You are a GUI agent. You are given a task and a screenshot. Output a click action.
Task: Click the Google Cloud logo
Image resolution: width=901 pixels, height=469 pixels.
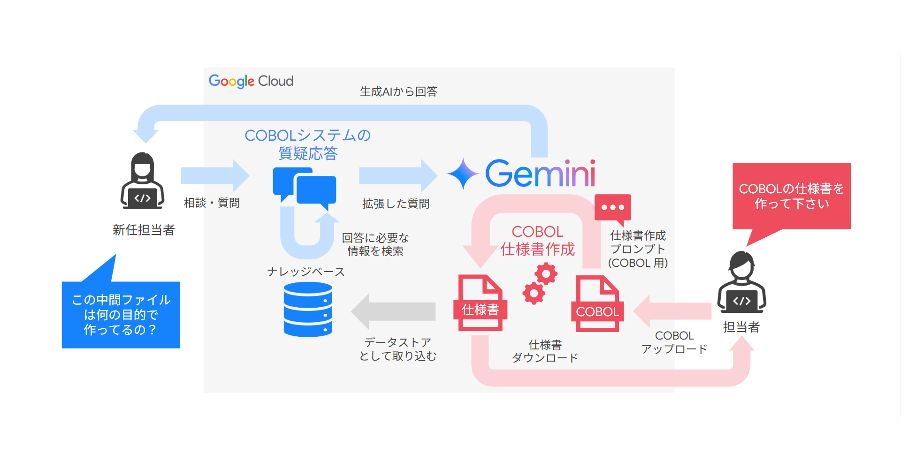point(251,81)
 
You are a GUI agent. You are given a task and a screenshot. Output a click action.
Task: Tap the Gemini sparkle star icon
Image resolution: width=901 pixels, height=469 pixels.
point(463,174)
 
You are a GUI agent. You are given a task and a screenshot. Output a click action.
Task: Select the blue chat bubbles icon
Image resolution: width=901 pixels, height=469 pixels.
point(305,187)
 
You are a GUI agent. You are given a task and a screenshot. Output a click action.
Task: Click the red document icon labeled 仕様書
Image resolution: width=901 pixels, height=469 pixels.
point(480,303)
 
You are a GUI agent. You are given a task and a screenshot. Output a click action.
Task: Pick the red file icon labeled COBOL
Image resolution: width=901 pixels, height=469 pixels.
point(597,304)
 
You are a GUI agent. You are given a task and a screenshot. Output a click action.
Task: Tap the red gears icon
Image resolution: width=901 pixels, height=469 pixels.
point(540,283)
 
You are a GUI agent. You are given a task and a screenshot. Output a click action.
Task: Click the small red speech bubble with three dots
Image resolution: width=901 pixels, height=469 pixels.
point(613,208)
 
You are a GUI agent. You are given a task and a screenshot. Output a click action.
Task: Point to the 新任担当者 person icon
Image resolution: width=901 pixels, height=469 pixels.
point(142,182)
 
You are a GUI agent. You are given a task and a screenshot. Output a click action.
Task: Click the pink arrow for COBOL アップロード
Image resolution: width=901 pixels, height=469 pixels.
point(672,311)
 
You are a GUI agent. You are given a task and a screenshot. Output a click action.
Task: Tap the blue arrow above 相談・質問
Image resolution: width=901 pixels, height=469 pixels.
point(215,176)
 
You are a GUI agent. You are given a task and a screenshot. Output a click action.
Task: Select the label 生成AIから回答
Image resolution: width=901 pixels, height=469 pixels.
point(398,91)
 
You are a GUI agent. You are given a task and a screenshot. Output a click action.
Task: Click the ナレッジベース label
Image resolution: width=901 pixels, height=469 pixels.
point(306,272)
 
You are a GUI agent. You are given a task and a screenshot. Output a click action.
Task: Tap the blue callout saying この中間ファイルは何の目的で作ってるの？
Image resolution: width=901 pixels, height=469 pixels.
point(121,315)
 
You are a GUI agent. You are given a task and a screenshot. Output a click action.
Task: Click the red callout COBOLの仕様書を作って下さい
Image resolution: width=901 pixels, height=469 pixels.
point(792,196)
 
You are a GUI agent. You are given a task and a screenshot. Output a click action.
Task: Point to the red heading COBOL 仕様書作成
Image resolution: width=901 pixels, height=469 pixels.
point(537,241)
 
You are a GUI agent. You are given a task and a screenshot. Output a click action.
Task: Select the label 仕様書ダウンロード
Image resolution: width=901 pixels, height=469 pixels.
point(545,351)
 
